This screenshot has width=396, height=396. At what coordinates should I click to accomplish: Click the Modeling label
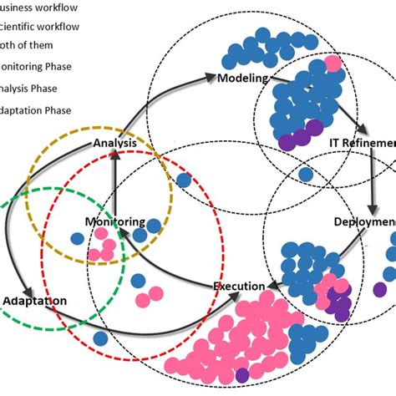click(242, 79)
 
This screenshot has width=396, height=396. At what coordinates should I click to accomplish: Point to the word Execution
click(239, 287)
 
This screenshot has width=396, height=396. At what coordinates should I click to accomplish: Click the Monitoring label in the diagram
click(115, 223)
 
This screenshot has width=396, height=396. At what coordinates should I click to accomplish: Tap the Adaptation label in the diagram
click(35, 300)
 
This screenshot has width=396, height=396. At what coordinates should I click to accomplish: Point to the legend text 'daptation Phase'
click(38, 110)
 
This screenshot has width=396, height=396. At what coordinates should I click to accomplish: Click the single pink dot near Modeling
click(333, 63)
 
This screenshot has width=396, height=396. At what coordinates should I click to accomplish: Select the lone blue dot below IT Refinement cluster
click(307, 175)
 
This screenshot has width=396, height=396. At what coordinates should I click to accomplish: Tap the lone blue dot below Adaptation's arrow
click(101, 338)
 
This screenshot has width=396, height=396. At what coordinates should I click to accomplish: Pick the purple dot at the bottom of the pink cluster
click(242, 376)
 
